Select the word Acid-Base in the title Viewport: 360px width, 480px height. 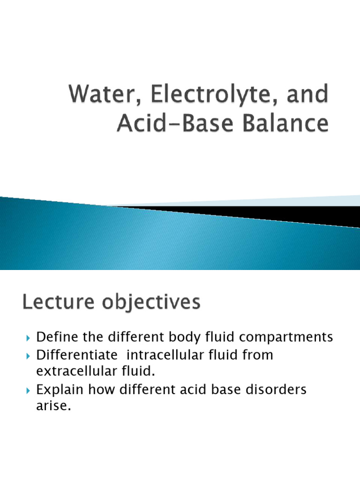click(166, 124)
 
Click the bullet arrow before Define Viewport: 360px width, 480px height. click(29, 337)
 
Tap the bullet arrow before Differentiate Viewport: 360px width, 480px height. click(29, 356)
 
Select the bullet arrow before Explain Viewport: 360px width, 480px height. click(29, 390)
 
